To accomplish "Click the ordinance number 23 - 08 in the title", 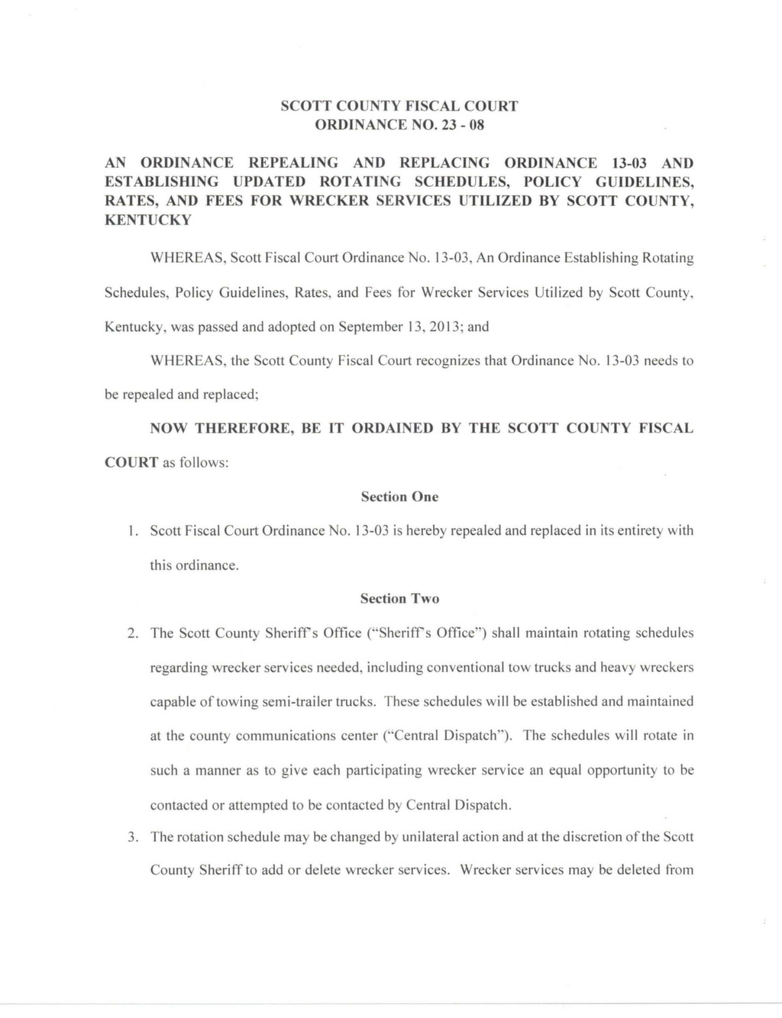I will coord(458,125).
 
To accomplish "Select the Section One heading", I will coord(399,497).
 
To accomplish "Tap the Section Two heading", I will coord(399,599).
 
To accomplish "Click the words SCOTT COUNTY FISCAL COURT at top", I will coord(399,106).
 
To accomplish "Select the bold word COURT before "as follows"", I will coord(131,463).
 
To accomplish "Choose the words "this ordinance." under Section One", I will coord(194,565).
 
